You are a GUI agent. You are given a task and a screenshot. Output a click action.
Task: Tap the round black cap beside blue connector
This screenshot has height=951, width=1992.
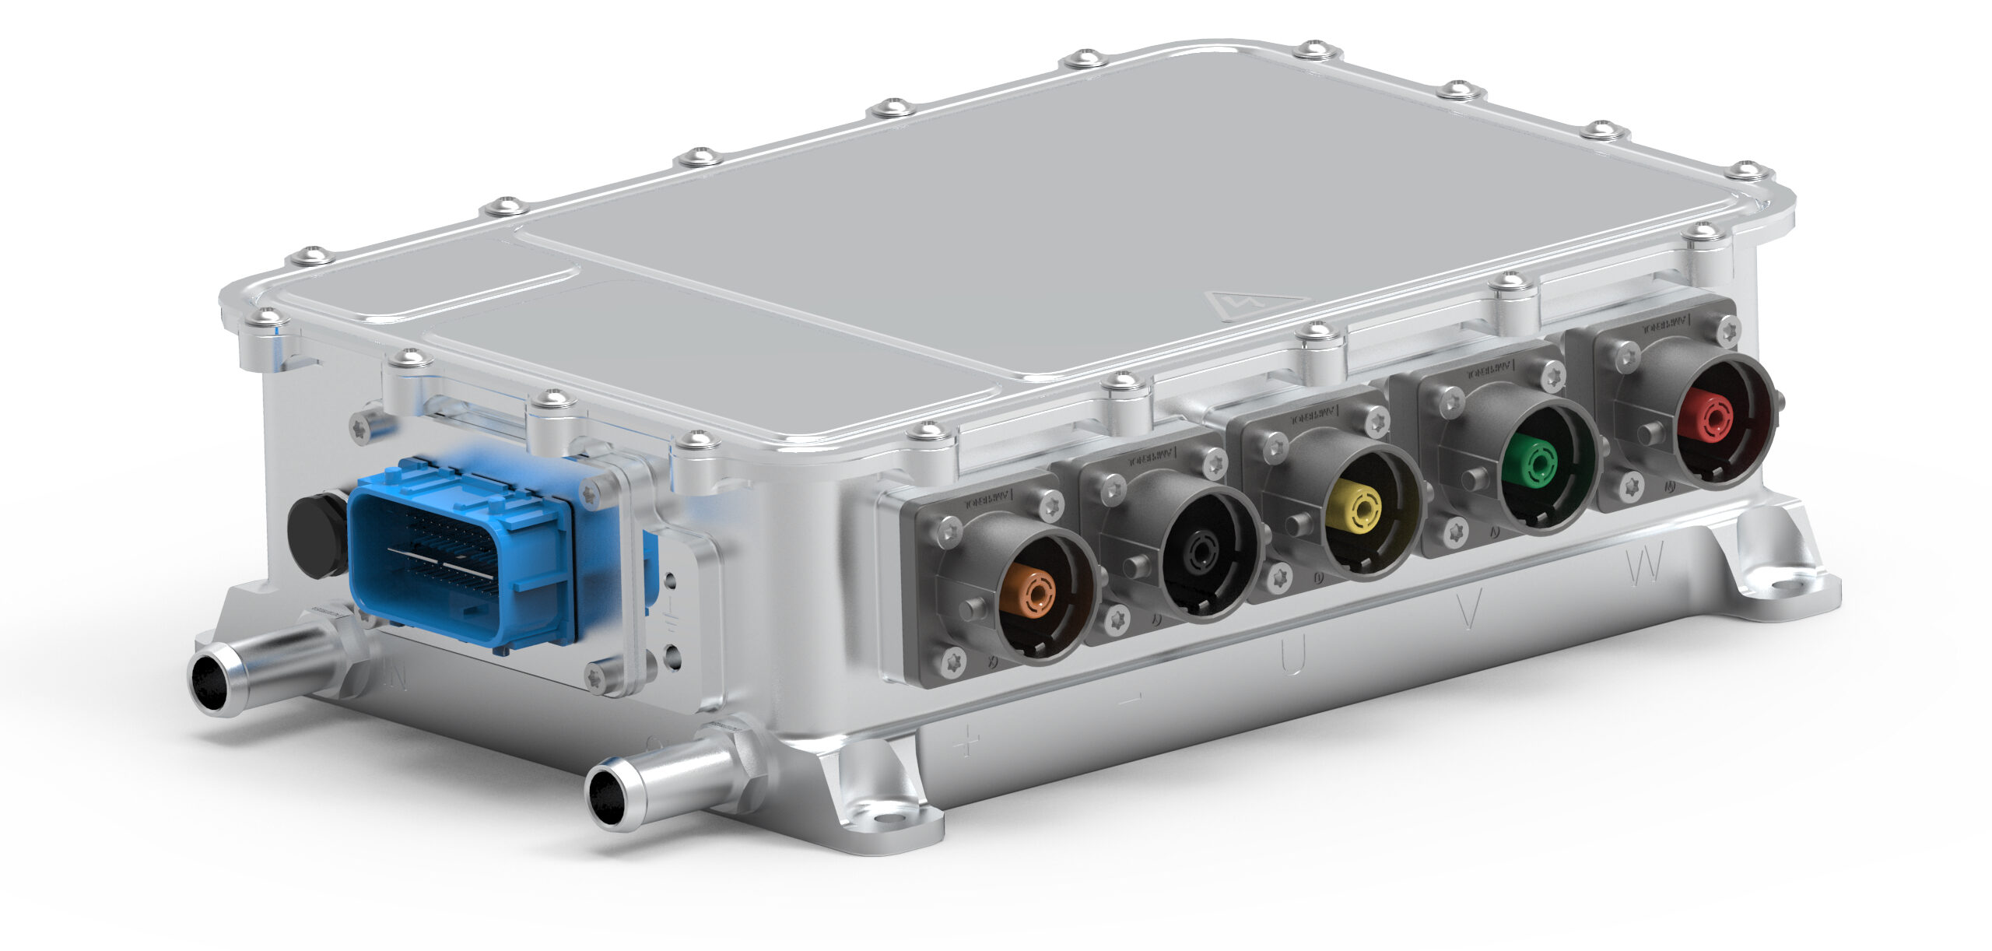(x=317, y=535)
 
